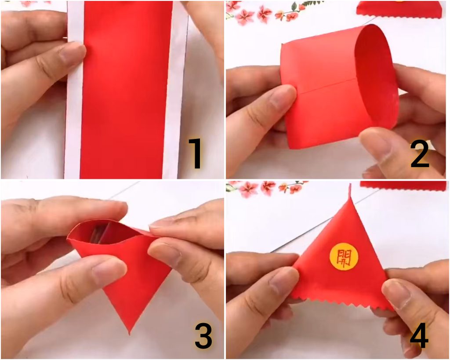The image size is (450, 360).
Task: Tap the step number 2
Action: pos(420,154)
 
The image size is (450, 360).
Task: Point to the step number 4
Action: pos(419,335)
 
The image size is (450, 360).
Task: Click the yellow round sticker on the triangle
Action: pos(344,256)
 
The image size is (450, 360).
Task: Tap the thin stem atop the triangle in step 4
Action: pos(350,191)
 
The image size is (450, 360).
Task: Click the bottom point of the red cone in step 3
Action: pos(130,333)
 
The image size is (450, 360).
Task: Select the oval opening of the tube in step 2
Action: pos(376,77)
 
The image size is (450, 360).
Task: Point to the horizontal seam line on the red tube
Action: pos(325,86)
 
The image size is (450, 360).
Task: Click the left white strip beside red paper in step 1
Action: pos(74,92)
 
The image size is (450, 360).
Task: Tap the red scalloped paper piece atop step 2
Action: pos(399,9)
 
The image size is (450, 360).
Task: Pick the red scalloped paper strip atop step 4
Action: pos(403,186)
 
